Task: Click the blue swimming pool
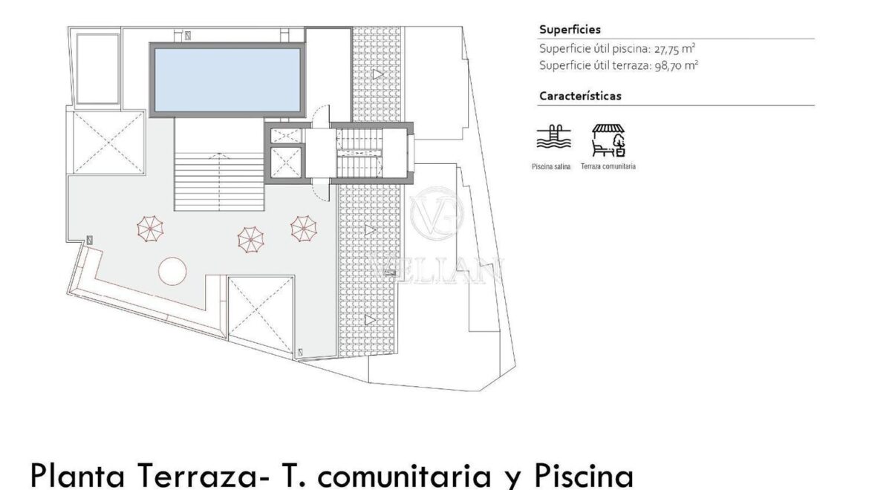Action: coord(227,79)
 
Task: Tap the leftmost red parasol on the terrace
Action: coord(150,229)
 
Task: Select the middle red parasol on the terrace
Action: coord(250,239)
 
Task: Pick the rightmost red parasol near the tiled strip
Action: coord(304,228)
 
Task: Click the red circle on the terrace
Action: coord(172,271)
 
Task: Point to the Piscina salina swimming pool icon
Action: coord(553,138)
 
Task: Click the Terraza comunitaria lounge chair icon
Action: coord(608,140)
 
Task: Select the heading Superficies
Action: coord(570,30)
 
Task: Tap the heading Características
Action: coord(580,96)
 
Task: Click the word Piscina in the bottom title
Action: coord(584,476)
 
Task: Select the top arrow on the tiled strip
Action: coord(378,73)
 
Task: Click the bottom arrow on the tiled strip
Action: coord(370,320)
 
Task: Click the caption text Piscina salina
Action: coord(551,166)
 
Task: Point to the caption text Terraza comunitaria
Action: coord(608,166)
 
